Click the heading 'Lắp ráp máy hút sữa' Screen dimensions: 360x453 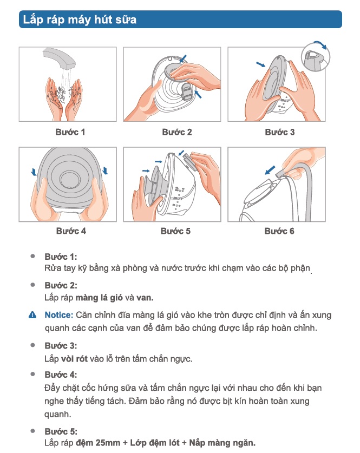80,19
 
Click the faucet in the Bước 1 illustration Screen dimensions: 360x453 59,58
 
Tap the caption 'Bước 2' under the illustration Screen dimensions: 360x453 177,132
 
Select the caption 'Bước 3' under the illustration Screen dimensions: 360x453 280,132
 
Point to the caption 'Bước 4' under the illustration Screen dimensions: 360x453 71,231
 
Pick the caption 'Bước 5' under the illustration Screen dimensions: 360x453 175,231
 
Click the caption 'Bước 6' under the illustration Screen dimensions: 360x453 279,231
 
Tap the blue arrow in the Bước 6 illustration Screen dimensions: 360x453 270,170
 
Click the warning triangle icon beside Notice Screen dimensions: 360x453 32,315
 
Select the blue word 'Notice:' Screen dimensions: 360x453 59,315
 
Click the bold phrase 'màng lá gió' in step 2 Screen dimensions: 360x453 99,298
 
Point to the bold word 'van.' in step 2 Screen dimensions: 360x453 145,298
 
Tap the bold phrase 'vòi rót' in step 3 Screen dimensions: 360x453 74,359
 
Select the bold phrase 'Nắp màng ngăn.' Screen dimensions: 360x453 222,443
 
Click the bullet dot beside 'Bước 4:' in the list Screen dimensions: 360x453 32,374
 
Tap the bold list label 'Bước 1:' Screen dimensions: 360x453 61,257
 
